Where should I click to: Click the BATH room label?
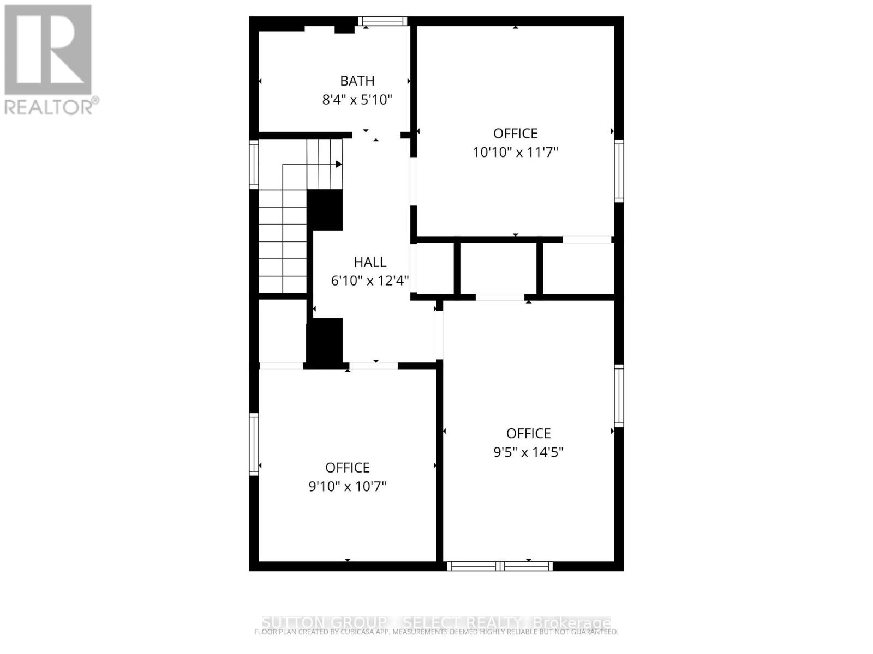[x=357, y=81]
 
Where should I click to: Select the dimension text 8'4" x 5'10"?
[x=357, y=100]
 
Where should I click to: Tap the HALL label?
[x=370, y=262]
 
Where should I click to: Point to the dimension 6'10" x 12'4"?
[x=370, y=281]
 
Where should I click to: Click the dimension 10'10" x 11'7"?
[x=515, y=152]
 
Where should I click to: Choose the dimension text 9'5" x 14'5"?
[x=528, y=452]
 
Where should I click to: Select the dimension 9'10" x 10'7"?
[x=348, y=486]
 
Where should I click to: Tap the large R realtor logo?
[x=48, y=50]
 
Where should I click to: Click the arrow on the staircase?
[x=338, y=164]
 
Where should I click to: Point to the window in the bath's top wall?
[x=382, y=22]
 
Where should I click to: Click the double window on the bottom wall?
[x=500, y=566]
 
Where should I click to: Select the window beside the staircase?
[x=254, y=164]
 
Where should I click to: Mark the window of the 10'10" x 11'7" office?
[x=619, y=171]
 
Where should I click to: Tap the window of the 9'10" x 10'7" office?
[x=254, y=444]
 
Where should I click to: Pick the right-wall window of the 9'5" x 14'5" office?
[x=619, y=395]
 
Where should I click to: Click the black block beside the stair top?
[x=325, y=210]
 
